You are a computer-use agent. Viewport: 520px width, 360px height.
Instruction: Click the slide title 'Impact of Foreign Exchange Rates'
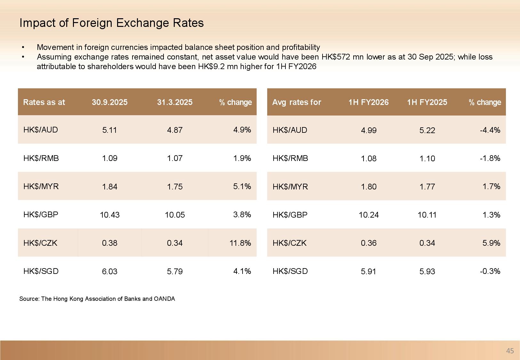coord(111,23)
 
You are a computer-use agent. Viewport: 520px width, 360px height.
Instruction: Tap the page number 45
coord(510,351)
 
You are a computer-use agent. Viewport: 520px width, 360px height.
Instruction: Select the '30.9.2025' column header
coord(109,102)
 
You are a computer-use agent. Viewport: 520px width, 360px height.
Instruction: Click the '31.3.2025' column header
coord(175,102)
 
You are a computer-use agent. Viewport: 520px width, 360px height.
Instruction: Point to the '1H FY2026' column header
coord(368,102)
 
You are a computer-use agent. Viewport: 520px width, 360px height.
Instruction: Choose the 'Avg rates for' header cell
coord(296,102)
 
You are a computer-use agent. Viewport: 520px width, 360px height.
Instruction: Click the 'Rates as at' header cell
coord(44,102)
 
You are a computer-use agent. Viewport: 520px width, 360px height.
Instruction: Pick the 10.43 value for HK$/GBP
coord(109,215)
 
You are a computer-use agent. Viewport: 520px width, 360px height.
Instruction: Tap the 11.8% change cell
coord(240,243)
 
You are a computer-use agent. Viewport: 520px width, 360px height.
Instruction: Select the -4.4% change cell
coord(490,130)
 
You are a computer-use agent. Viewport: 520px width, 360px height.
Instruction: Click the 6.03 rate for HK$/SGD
coord(109,271)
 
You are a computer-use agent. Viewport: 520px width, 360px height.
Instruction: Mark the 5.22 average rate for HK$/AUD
coord(427,130)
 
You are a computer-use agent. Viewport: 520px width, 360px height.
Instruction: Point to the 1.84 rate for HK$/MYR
coord(109,187)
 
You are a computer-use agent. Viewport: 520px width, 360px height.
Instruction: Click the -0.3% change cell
coord(490,271)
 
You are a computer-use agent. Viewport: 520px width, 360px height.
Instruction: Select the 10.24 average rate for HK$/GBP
coord(368,215)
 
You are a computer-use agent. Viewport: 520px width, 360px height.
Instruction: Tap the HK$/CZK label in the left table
coord(40,243)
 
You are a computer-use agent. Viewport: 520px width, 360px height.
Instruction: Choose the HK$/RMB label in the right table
coord(290,158)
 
